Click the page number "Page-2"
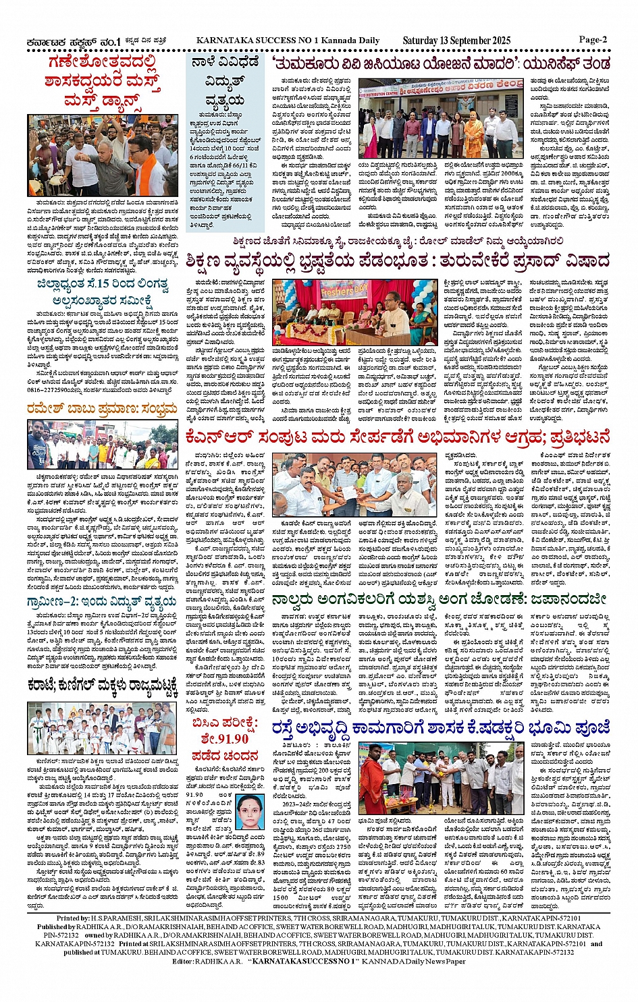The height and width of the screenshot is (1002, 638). pyautogui.click(x=593, y=39)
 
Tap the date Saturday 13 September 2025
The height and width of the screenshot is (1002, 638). pyautogui.click(x=456, y=40)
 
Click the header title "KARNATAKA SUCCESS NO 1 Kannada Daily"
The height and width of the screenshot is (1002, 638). pyautogui.click(x=288, y=40)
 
